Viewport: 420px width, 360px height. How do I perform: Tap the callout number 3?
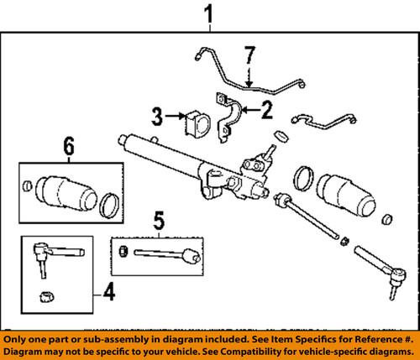(157, 115)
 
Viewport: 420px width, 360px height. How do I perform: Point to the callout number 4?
(106, 295)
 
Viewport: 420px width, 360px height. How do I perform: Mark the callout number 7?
(249, 56)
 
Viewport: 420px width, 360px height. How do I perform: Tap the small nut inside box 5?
(123, 250)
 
